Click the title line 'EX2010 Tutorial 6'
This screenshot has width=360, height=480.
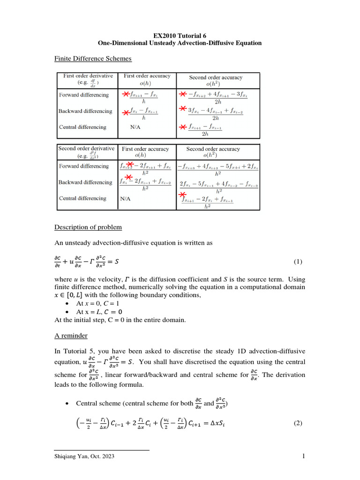point(180,36)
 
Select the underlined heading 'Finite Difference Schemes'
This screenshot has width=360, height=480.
point(93,58)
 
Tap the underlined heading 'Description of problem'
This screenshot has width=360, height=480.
point(88,227)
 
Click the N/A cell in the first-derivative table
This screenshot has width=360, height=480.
point(135,127)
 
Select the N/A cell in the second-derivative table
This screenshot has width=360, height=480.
point(125,198)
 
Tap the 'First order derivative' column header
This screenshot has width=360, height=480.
point(85,78)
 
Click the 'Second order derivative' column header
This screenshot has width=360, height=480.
point(86,151)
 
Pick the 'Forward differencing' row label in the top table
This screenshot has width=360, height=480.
point(83,95)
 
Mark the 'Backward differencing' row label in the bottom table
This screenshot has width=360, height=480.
point(85,182)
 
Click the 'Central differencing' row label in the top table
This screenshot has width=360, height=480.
point(82,127)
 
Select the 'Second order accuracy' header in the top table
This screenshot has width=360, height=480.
point(216,77)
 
